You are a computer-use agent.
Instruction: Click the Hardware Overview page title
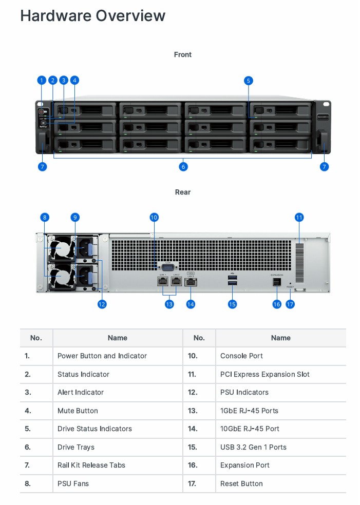point(92,16)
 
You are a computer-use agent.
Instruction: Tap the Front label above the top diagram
point(183,54)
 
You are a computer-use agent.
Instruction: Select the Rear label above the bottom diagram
point(183,192)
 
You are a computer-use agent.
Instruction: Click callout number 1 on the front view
point(42,80)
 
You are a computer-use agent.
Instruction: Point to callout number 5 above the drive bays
point(249,80)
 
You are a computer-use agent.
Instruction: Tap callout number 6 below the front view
point(183,166)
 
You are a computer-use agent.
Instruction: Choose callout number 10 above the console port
point(154,217)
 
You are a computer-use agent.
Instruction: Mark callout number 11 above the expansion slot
point(299,217)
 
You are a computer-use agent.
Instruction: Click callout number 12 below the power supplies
point(102,304)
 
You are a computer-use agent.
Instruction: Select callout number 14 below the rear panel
point(191,304)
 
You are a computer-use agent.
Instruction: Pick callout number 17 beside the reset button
point(291,304)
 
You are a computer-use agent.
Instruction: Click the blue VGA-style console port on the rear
point(167,266)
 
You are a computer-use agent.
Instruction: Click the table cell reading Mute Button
point(78,411)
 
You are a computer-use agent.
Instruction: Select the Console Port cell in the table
point(242,356)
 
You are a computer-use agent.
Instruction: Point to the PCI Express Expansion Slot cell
point(264,374)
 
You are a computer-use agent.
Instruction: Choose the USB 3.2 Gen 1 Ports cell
point(253,447)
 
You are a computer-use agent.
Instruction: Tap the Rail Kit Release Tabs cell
point(91,465)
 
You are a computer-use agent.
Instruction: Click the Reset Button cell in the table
point(241,483)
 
